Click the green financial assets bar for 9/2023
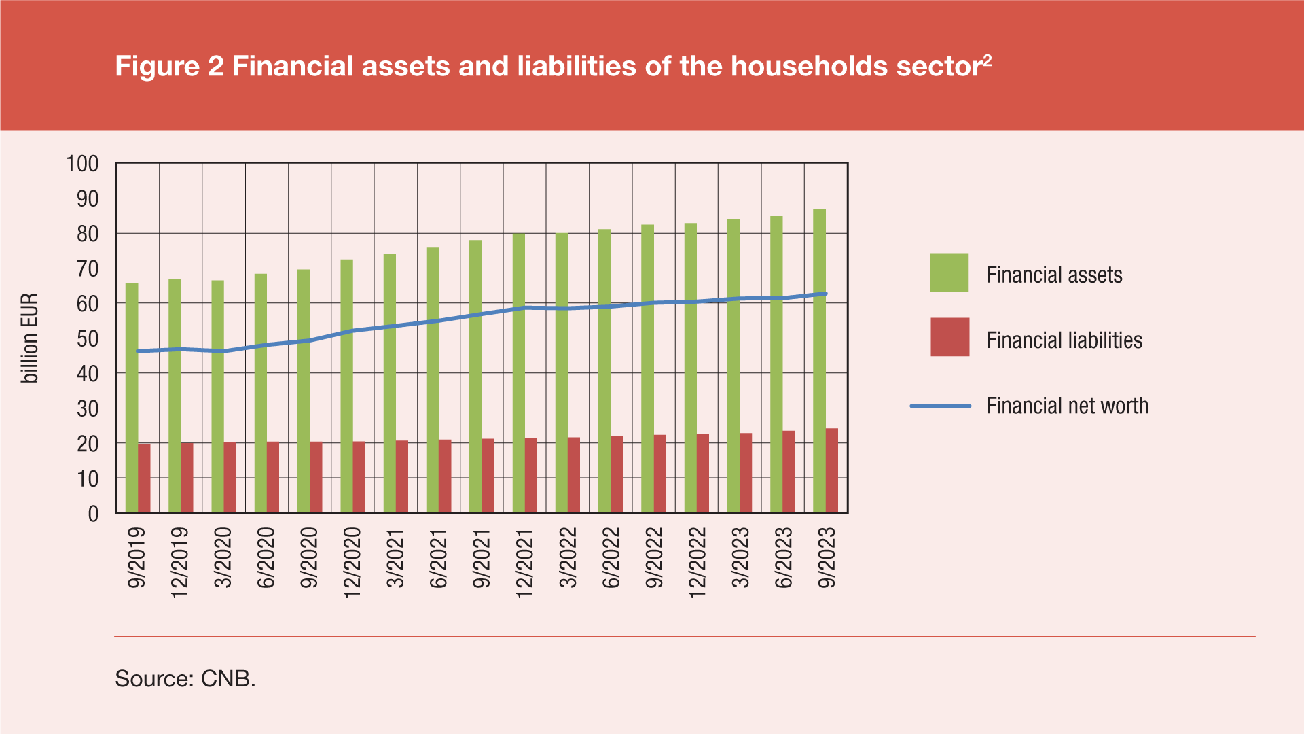(x=819, y=360)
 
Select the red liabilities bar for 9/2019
(x=144, y=478)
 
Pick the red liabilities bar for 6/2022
(x=617, y=474)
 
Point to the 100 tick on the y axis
(x=82, y=164)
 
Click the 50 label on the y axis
(x=88, y=338)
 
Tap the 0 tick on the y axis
(x=93, y=514)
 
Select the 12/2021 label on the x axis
(x=524, y=563)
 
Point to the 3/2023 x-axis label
(x=740, y=557)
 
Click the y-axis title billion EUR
(x=30, y=338)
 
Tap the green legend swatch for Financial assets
(x=949, y=273)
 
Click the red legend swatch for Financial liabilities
(x=949, y=337)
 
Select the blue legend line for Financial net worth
(x=940, y=406)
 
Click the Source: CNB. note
(x=185, y=678)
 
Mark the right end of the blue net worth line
(x=825, y=294)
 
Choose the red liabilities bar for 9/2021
(x=488, y=476)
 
